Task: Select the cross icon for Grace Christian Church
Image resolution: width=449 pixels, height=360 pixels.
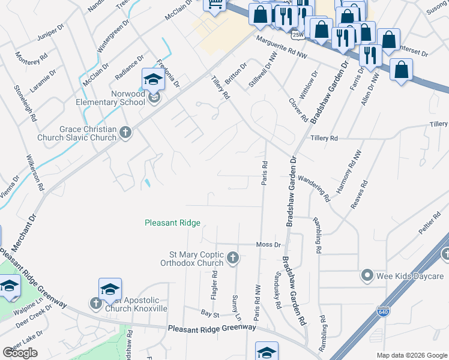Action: (125, 133)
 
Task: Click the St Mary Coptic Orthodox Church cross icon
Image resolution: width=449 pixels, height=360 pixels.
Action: (234, 259)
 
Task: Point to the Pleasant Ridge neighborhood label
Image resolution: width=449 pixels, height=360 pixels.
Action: (172, 223)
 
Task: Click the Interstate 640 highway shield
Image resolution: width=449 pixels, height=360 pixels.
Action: (383, 312)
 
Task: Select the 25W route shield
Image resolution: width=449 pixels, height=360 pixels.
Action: (297, 35)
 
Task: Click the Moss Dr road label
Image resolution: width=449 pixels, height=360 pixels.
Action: (268, 245)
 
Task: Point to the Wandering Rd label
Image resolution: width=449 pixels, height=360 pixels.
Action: (314, 188)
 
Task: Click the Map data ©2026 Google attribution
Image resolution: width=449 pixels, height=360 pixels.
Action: (411, 355)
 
